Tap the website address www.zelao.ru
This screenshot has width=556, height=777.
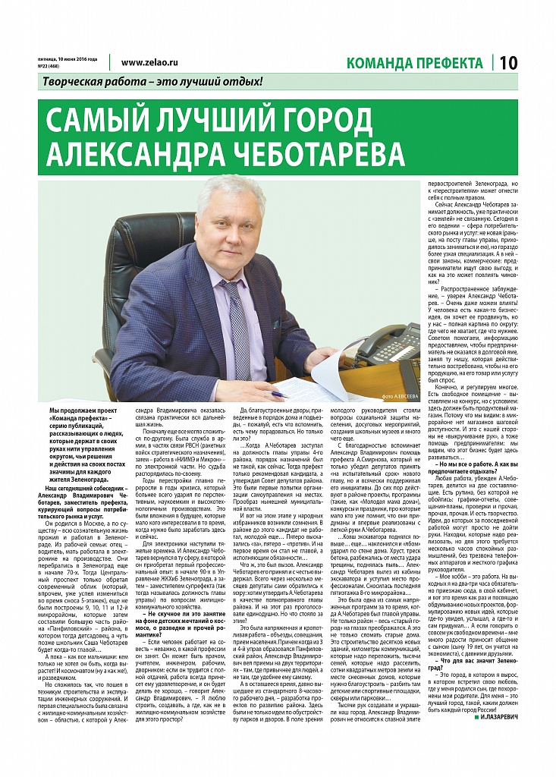149,63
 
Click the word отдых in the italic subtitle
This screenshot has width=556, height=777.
240,81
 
